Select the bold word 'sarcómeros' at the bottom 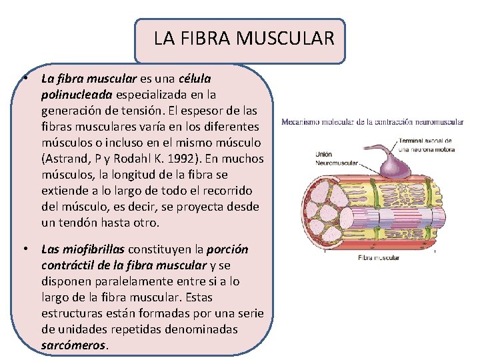click(73, 345)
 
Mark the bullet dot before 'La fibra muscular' click(23, 79)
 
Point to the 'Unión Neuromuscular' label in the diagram click(333, 158)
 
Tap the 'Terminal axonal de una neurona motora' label click(427, 145)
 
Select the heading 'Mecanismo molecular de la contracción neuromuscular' click(372, 122)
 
